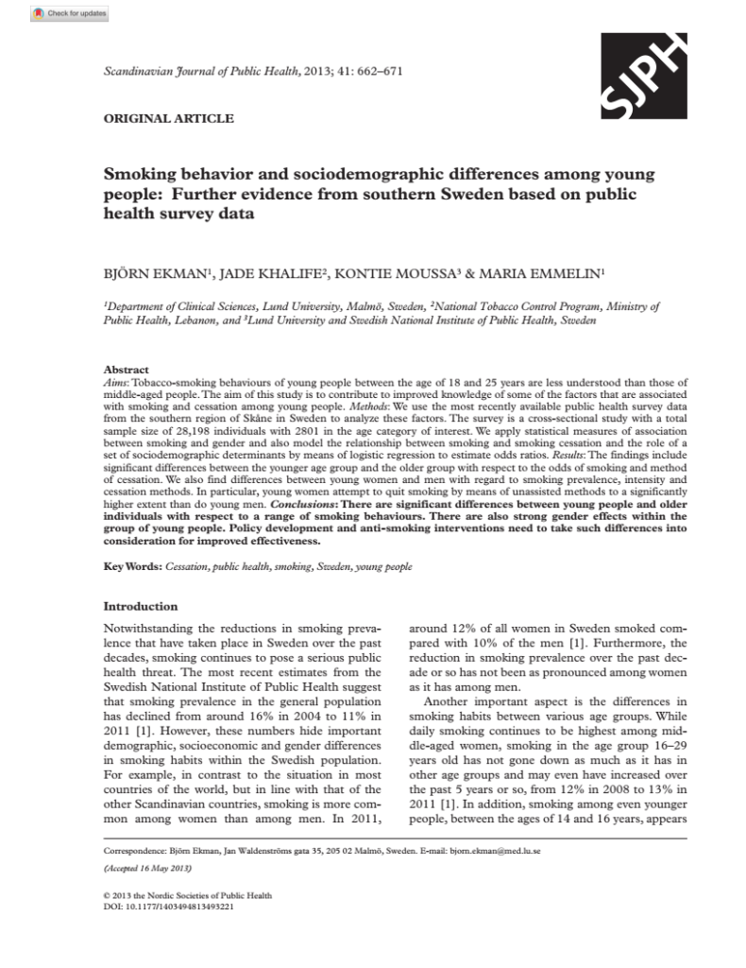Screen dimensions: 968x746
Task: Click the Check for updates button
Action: click(x=70, y=13)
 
